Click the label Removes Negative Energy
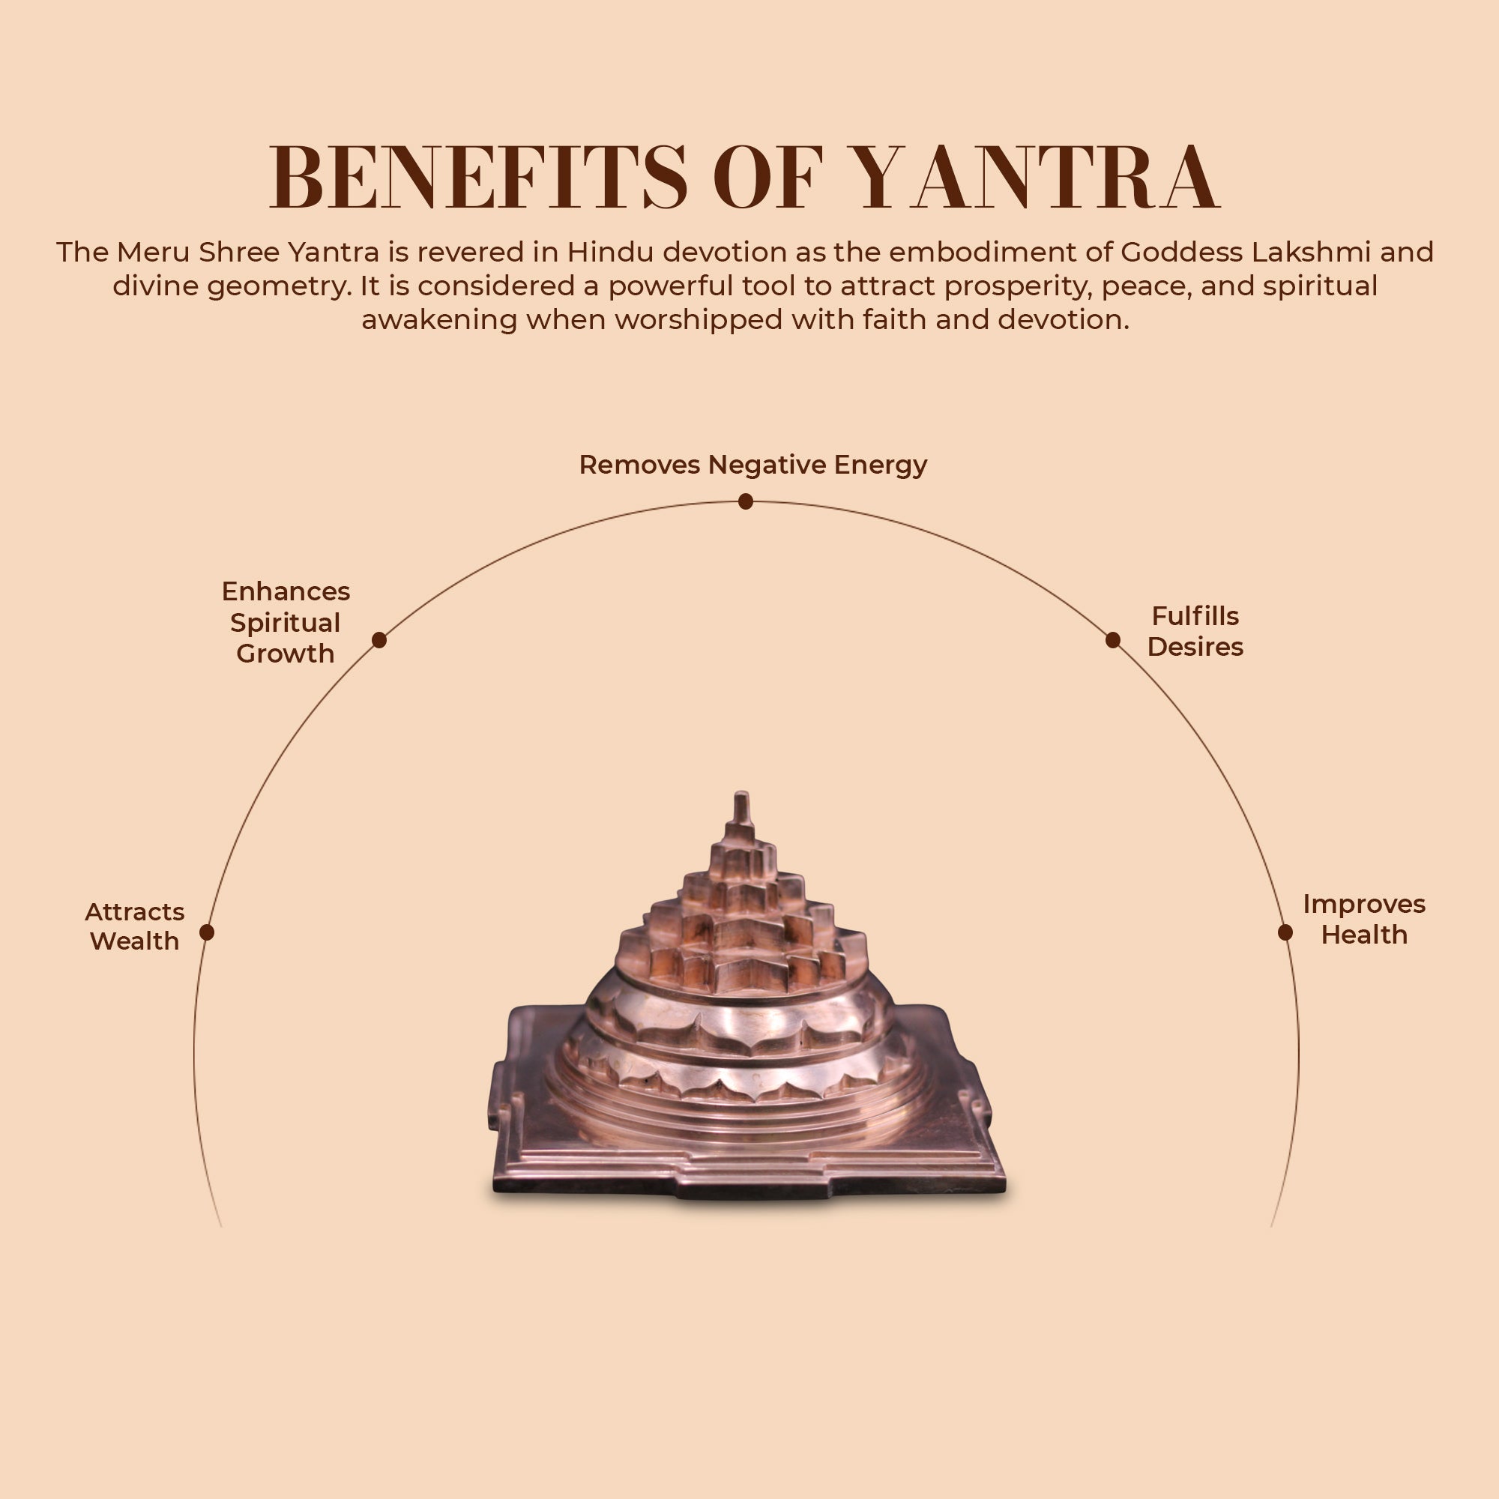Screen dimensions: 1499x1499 [752, 465]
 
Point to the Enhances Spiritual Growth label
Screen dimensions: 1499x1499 [286, 622]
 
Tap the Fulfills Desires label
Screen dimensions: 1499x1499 [1195, 631]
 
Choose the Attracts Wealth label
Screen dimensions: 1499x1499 [134, 926]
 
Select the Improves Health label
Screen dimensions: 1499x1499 [1364, 919]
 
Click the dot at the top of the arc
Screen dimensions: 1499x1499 [746, 502]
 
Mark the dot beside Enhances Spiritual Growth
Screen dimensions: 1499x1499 [378, 639]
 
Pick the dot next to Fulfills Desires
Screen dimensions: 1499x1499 [1112, 639]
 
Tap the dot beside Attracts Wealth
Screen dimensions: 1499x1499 [206, 932]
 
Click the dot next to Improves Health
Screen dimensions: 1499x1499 [1285, 932]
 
